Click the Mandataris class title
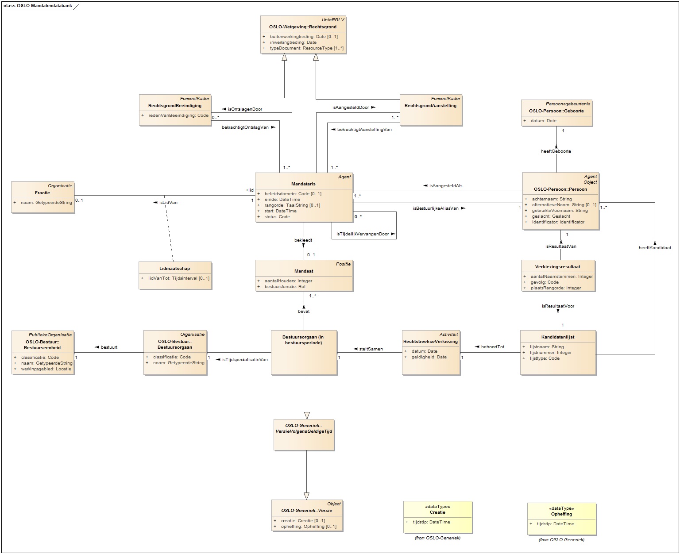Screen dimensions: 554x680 pos(303,184)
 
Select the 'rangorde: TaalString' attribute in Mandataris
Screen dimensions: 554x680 pos(292,205)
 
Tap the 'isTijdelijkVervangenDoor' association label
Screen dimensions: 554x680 pos(363,234)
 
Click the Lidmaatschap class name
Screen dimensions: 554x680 pos(174,269)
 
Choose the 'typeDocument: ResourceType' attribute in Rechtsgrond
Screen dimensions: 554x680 pos(306,48)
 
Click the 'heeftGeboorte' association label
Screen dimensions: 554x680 pos(556,151)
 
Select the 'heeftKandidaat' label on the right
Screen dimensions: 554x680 pos(655,248)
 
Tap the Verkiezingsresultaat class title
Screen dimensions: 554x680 pos(557,267)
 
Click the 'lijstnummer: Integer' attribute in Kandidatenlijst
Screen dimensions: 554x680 pos(551,353)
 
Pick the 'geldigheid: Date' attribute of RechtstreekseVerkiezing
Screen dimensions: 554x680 pos(429,357)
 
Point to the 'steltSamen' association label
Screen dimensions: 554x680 pos(371,349)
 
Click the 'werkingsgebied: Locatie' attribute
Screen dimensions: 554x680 pos(46,369)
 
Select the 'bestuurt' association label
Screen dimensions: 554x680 pos(109,347)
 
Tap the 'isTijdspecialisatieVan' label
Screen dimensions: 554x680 pos(245,360)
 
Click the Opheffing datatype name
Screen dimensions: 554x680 pos(561,514)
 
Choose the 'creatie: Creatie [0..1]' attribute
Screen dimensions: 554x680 pos(303,521)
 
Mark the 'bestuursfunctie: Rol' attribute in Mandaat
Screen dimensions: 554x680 pos(285,287)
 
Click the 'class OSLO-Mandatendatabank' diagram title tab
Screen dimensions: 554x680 pos(38,6)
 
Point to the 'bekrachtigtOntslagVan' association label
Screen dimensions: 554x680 pos(245,127)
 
